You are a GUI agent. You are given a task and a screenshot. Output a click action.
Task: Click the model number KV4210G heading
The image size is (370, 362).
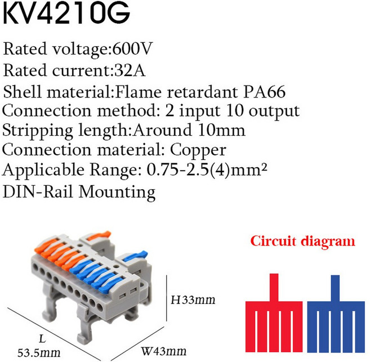click(x=66, y=13)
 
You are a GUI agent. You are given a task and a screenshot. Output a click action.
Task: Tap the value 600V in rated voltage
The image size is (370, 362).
click(x=132, y=49)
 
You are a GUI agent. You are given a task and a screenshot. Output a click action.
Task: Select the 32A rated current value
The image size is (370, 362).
click(x=130, y=70)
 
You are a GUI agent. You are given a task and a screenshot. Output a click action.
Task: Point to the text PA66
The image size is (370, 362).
click(x=264, y=92)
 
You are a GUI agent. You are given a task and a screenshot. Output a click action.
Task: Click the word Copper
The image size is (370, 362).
click(x=198, y=151)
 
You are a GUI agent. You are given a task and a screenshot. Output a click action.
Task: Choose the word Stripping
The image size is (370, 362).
click(x=38, y=131)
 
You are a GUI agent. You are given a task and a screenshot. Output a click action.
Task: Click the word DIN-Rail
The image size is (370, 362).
click(x=38, y=191)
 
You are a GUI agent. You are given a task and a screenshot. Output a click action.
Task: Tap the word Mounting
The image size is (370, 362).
click(x=117, y=193)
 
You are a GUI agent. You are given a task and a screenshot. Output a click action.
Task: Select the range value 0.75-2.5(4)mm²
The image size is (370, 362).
click(x=207, y=170)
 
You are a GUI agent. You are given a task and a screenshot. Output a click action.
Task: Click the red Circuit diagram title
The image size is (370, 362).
click(x=303, y=242)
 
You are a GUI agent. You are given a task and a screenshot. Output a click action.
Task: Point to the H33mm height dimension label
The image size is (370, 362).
click(x=193, y=300)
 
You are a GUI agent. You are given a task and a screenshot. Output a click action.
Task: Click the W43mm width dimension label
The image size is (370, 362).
click(x=163, y=351)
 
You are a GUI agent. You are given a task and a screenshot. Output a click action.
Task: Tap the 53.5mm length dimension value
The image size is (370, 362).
click(x=39, y=353)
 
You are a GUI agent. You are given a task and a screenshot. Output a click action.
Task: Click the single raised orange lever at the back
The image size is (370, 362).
click(x=99, y=236)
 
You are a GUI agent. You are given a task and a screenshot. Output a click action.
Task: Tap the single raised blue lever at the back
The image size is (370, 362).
click(x=135, y=256)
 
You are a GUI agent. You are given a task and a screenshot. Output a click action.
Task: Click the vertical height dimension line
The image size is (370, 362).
click(x=167, y=298)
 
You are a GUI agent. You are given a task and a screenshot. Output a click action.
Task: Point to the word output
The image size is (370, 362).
click(x=274, y=111)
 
